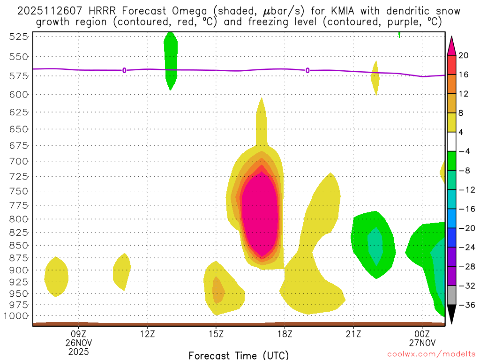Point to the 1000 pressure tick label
(x=16, y=316)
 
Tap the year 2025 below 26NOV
(x=78, y=350)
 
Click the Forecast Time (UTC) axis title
(x=239, y=355)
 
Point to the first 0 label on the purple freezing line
(x=124, y=70)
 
